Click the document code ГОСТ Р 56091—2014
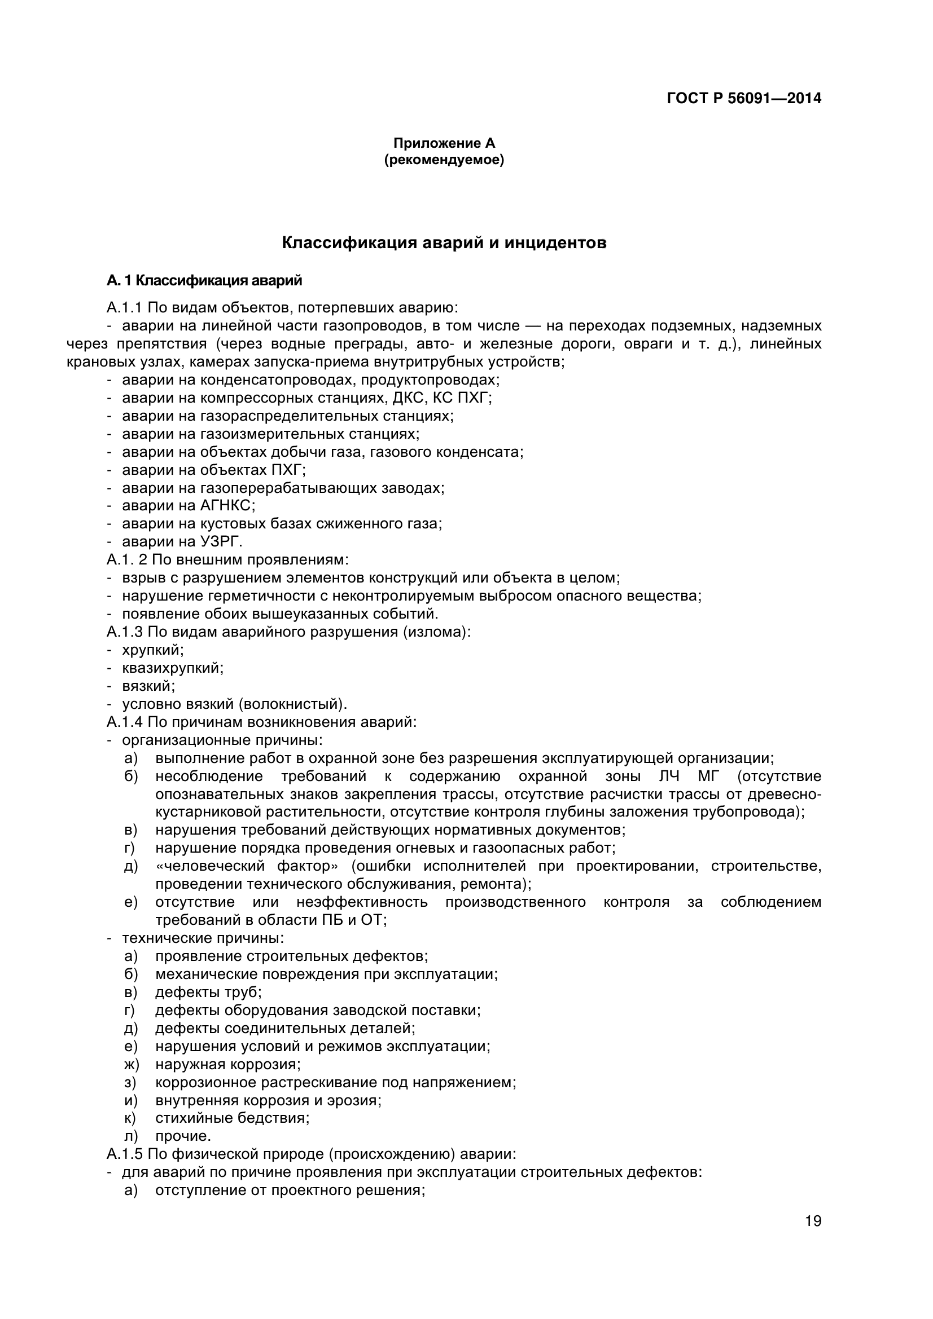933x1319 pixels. tap(743, 98)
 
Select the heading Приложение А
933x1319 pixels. tap(444, 143)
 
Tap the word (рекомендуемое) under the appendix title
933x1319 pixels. tap(444, 160)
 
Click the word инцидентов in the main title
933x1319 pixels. tap(555, 243)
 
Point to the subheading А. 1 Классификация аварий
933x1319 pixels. tap(204, 281)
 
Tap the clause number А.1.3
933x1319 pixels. tap(125, 632)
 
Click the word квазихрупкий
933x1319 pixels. tap(173, 668)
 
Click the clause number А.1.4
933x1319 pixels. tap(125, 722)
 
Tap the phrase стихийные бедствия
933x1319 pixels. tap(232, 1118)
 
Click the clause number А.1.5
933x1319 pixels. tap(125, 1154)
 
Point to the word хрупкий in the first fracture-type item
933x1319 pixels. tap(153, 650)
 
